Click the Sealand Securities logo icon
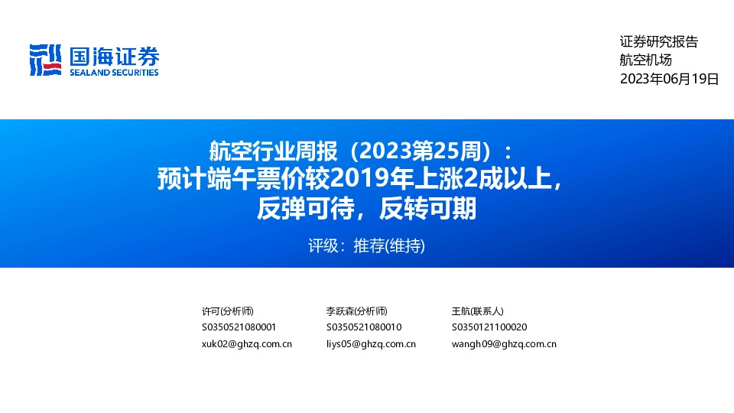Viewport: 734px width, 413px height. coord(44,60)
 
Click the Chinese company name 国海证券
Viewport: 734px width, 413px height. coord(114,56)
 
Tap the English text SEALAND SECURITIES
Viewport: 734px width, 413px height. coord(114,73)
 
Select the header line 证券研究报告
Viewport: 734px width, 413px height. coord(658,42)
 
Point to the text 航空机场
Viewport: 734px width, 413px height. coord(645,60)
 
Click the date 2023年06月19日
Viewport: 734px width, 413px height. coord(669,79)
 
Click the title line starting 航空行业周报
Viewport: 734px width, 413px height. coord(366,149)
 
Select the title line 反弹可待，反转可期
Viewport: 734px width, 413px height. coord(366,208)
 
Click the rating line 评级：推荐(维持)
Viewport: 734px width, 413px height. coord(366,246)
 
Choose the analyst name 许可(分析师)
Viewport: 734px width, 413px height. coord(227,311)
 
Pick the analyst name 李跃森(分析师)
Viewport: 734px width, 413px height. coord(356,311)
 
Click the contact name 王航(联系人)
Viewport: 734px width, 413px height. coord(477,311)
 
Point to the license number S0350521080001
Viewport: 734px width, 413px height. coord(239,327)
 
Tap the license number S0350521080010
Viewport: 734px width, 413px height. coord(364,327)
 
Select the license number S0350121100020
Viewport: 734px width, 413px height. coord(489,327)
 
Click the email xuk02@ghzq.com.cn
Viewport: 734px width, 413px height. coord(246,344)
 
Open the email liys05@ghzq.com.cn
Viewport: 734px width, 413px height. coord(371,344)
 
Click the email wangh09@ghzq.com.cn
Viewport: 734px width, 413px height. coord(504,344)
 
